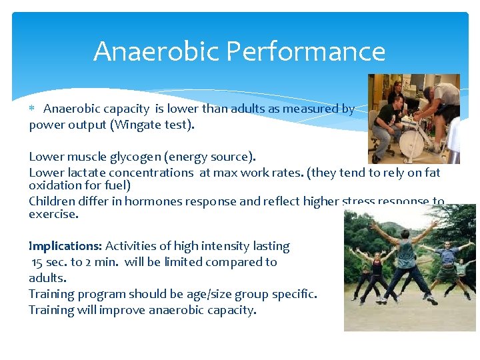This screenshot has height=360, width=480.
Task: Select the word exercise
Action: (x=53, y=215)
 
